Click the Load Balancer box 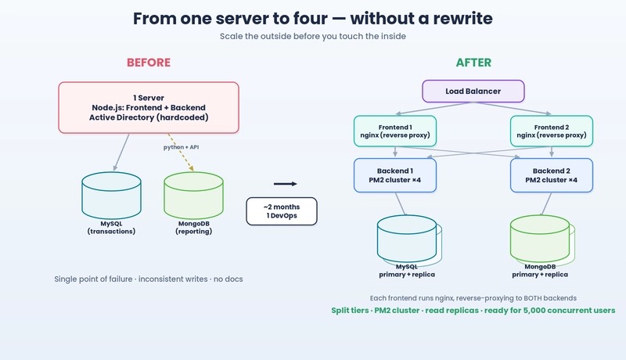point(473,91)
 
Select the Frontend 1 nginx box point(395,131)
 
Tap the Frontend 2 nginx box point(552,131)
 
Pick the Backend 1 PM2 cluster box point(395,175)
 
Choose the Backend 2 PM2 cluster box point(552,175)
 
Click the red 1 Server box point(149,107)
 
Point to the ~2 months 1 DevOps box point(282,211)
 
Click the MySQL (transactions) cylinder point(111,196)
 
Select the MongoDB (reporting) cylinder point(193,196)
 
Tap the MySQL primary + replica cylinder point(407,239)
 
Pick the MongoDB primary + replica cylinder point(541,239)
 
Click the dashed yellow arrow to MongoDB point(181,153)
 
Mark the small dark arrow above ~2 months point(286,184)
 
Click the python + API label point(181,147)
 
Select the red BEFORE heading point(149,63)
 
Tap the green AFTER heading point(473,63)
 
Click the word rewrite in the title point(463,18)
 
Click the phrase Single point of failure point(93,279)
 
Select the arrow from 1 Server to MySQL point(121,153)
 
